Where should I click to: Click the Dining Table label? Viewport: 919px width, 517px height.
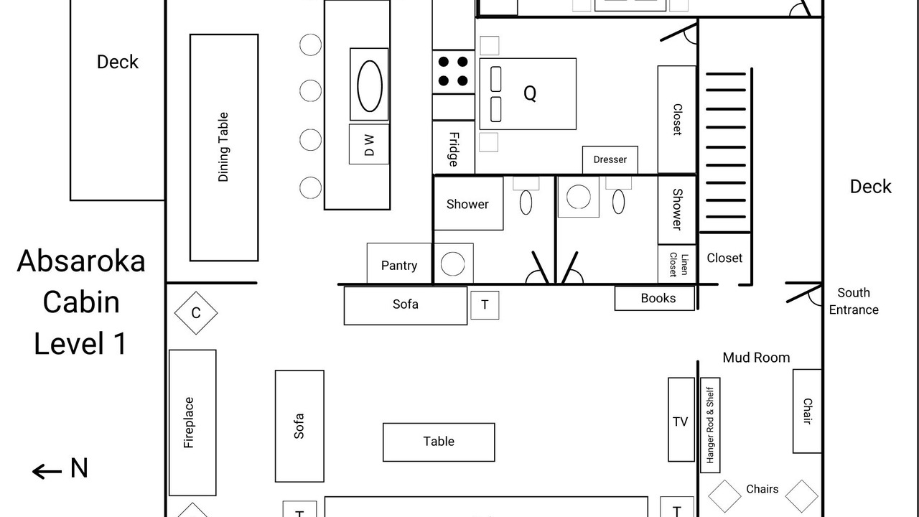223,147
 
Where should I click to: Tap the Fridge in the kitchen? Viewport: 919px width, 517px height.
453,147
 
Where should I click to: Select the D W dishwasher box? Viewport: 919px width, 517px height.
369,144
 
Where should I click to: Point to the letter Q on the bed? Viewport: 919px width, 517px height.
530,93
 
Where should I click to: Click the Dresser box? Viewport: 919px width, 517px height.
610,159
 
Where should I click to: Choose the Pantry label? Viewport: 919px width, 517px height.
399,266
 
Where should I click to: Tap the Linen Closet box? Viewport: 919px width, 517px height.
677,264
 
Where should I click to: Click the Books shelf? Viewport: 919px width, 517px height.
655,298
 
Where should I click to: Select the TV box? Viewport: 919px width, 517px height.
681,419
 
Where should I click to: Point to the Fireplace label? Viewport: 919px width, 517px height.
188,423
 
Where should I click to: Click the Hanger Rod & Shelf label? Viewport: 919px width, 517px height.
710,425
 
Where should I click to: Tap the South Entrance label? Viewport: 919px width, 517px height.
854,301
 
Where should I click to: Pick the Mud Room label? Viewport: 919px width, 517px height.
756,358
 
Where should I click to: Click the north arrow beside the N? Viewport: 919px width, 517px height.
47,472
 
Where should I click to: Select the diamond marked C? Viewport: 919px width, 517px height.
196,313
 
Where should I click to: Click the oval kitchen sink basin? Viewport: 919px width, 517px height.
370,86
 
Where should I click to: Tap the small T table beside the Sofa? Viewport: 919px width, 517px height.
485,305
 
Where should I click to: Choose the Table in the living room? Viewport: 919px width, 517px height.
439,442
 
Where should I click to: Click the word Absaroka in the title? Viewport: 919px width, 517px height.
81,261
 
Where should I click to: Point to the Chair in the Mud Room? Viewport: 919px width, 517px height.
807,411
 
